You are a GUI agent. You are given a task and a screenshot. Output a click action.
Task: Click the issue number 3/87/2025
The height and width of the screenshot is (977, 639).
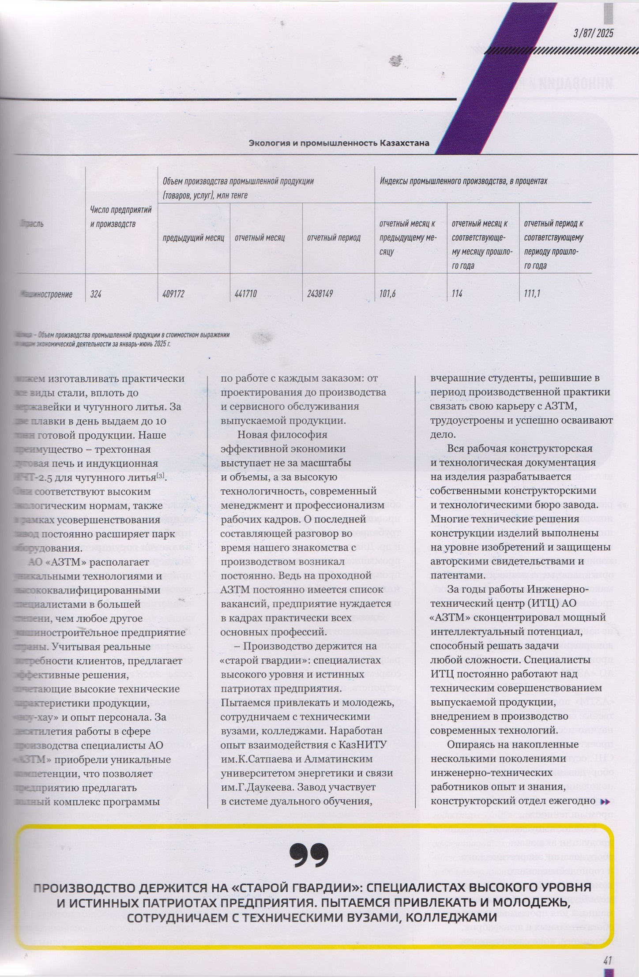593,34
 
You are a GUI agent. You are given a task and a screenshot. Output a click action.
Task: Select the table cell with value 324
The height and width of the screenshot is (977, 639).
96,294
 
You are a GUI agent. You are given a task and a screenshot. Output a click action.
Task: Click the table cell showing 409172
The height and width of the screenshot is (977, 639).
173,294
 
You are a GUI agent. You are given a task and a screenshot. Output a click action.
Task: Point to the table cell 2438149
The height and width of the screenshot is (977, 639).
320,294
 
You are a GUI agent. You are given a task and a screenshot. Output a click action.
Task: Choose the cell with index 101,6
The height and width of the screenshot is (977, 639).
387,294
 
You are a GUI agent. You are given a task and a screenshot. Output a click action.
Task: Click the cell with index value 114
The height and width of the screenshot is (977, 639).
457,294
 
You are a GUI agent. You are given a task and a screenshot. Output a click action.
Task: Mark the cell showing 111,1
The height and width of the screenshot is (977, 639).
532,294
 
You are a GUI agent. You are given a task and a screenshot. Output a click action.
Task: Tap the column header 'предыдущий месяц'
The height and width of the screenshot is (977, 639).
193,238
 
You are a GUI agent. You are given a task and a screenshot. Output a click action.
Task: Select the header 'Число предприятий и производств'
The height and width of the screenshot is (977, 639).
121,217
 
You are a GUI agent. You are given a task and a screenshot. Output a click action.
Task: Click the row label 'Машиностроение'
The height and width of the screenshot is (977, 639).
46,294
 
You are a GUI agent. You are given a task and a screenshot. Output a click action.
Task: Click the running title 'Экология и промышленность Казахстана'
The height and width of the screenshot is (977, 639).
339,143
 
